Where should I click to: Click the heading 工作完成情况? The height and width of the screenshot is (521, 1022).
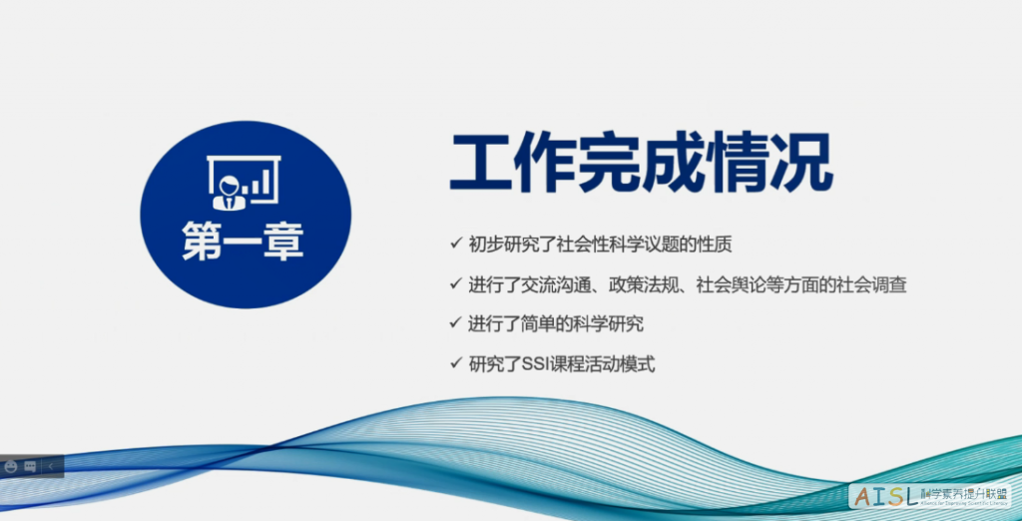click(641, 164)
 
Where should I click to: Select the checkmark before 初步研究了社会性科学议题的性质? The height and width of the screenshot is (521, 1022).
click(455, 243)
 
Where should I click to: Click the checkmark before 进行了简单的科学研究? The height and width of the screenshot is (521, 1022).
click(455, 323)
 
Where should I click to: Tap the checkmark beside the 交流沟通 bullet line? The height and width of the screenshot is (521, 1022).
click(455, 283)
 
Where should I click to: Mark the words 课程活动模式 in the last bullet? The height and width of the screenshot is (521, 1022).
click(608, 364)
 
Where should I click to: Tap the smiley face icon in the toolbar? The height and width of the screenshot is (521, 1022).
click(11, 466)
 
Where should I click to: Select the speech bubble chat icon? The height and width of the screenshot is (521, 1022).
click(31, 466)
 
